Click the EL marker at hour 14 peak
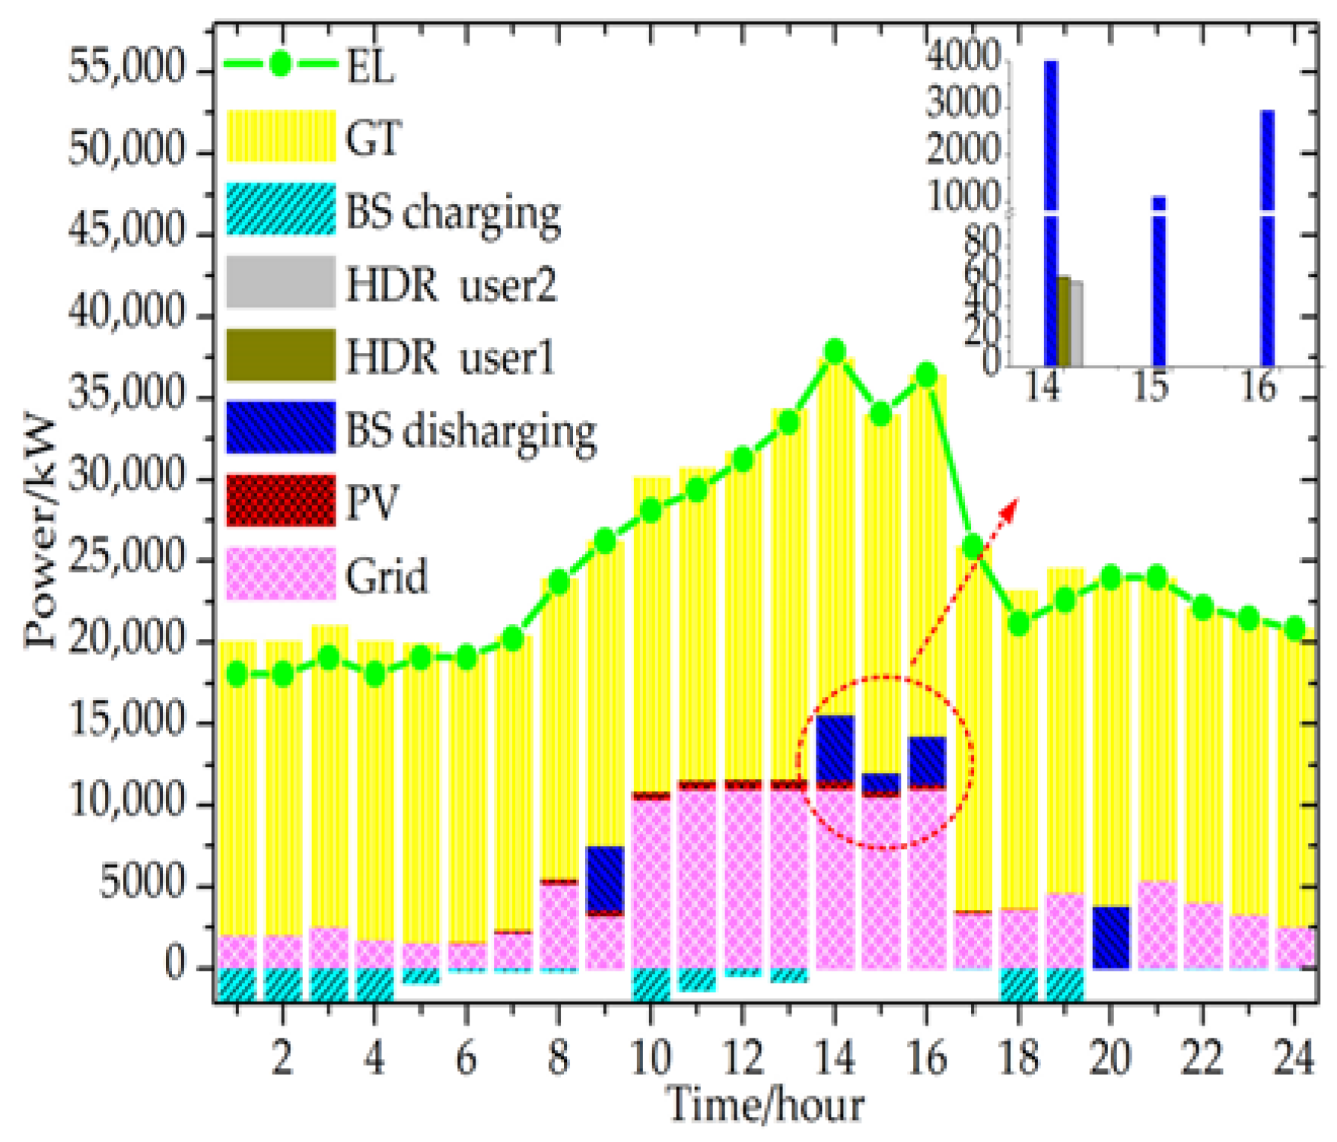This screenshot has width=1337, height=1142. (x=835, y=352)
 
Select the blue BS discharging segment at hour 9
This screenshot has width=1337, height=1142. (x=605, y=877)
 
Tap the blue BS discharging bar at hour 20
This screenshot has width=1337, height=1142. (x=1110, y=937)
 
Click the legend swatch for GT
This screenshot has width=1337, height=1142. (x=281, y=136)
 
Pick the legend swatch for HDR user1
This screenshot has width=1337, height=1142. (x=281, y=355)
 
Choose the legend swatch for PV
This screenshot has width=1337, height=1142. (x=281, y=501)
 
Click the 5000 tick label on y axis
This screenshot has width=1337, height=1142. (x=143, y=884)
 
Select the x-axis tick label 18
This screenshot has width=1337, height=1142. (x=1018, y=1058)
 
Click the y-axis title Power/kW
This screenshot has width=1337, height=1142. (x=40, y=533)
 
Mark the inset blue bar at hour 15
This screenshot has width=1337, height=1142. (x=1158, y=282)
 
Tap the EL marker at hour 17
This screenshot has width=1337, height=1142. (x=973, y=546)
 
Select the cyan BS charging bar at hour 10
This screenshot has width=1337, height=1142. (x=651, y=983)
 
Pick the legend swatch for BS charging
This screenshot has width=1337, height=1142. (x=281, y=209)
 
